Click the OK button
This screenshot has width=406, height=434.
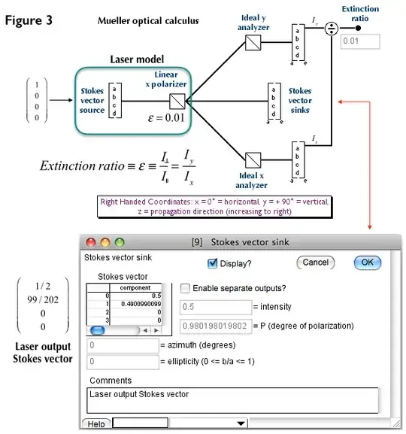coord(367,263)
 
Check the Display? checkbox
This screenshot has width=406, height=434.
coord(212,263)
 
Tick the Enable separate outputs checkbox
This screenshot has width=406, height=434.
coord(185,288)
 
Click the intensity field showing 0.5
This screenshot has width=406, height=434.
coord(215,307)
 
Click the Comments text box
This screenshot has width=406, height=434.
coord(232,399)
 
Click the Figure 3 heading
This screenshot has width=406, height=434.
coord(29,20)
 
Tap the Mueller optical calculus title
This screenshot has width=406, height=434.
coord(148,20)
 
